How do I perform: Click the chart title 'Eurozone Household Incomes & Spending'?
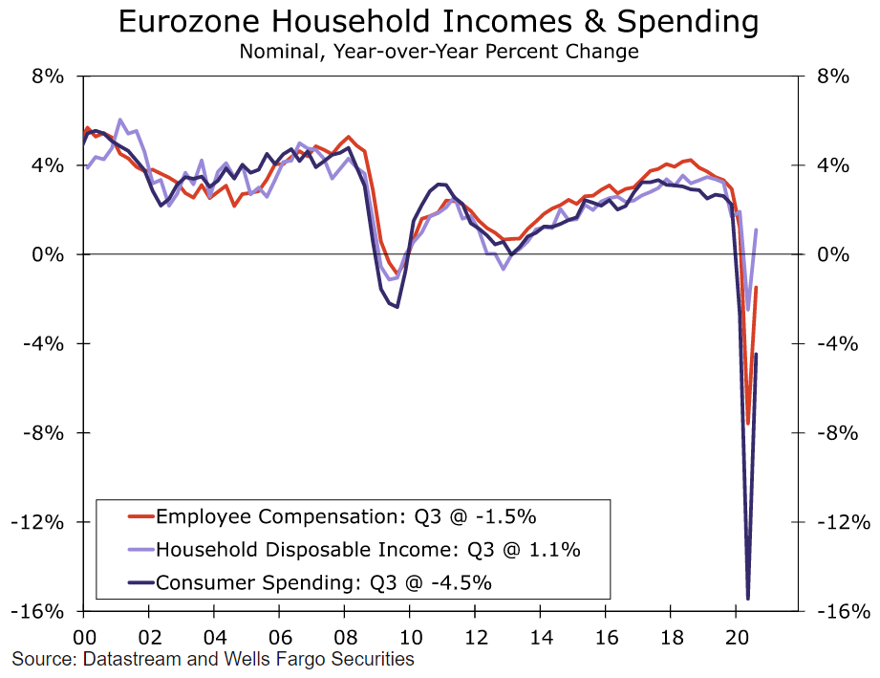(440, 22)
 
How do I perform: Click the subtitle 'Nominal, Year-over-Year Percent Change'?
(440, 51)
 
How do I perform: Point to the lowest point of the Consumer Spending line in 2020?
(748, 599)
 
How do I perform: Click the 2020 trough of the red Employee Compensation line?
(747, 423)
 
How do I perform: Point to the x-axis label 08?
(345, 636)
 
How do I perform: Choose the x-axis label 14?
(541, 636)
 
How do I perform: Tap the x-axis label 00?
(84, 636)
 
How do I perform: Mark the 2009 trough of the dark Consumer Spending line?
(396, 307)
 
